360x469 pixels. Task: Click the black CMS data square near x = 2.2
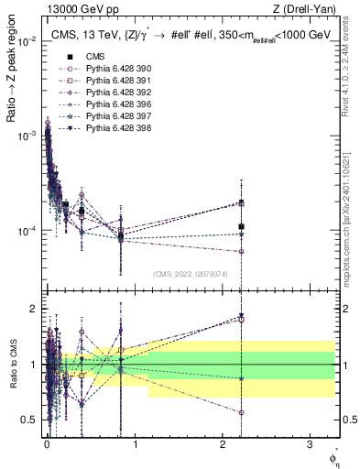241,226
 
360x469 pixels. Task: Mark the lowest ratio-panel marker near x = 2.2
241,413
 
